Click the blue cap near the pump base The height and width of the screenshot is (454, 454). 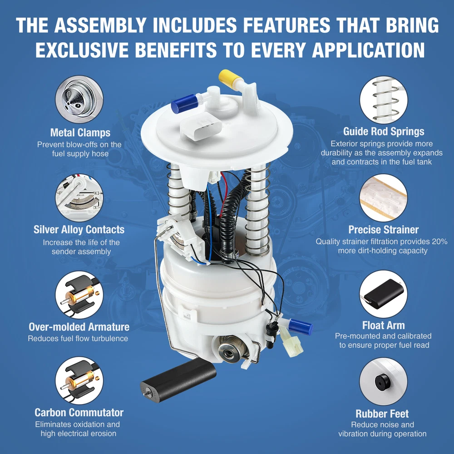pos(301,327)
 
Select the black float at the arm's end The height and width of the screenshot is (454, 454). pos(178,380)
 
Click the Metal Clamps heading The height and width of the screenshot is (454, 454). pos(80,133)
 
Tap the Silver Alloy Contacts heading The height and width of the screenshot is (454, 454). pos(79,230)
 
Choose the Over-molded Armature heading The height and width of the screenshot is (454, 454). pos(79,326)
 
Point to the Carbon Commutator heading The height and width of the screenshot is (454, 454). pos(79,412)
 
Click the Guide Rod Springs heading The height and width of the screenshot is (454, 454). pos(384,132)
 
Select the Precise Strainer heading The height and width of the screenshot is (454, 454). pos(383,230)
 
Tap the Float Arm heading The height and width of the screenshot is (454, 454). pos(383,325)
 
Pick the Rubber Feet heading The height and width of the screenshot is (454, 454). pos(382,414)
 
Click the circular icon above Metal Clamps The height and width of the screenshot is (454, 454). pos(79,99)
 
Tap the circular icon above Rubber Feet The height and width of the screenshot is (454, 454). pos(383,381)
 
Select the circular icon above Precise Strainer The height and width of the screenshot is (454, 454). pos(383,198)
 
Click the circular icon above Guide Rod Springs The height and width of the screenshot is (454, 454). pos(384,100)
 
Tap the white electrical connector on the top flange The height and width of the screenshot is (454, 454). pos(201,126)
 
